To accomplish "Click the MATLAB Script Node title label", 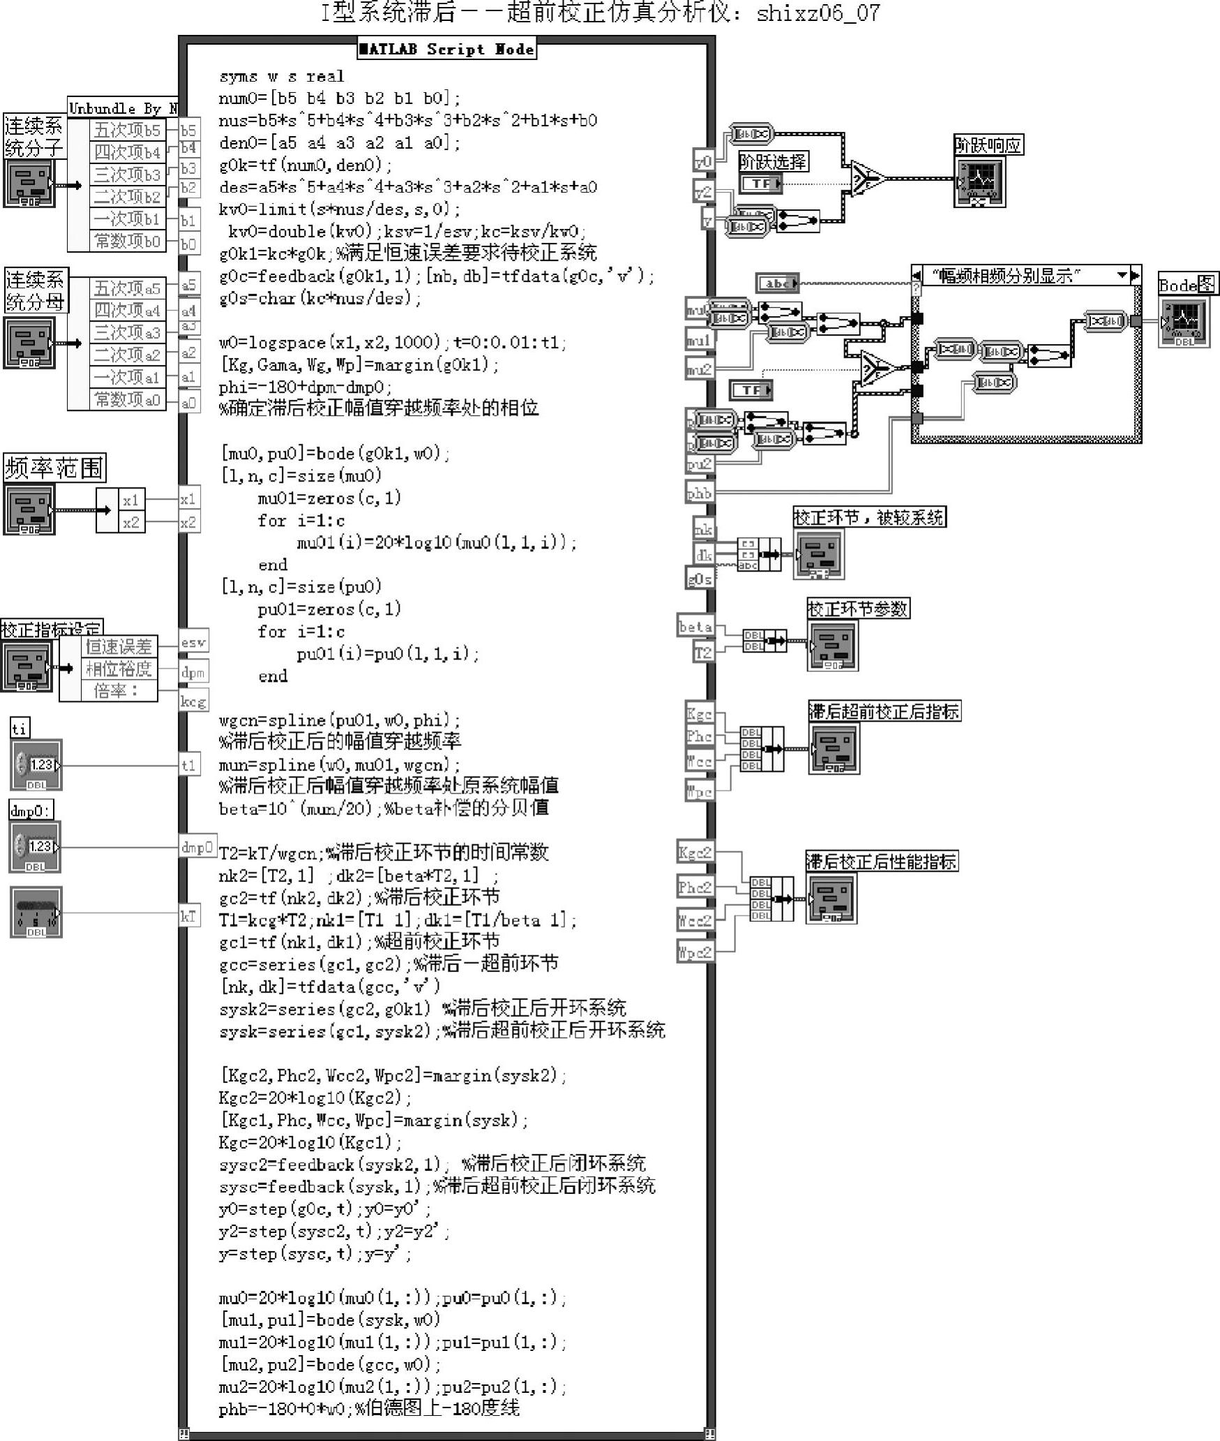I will [x=446, y=49].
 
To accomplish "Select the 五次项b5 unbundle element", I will [x=128, y=130].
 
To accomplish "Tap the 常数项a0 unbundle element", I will [x=128, y=400].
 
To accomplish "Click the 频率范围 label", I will [x=54, y=468].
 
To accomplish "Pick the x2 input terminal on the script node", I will [x=188, y=523].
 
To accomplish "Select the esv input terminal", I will [x=193, y=642].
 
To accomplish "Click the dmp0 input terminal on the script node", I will [x=197, y=848].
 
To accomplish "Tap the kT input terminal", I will [x=188, y=916].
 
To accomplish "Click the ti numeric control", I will [x=36, y=765].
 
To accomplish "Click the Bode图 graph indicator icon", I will [x=1184, y=322].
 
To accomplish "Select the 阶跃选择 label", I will [x=773, y=162].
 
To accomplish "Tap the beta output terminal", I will [x=695, y=627].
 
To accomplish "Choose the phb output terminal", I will [x=700, y=493].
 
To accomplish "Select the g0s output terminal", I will [x=700, y=578].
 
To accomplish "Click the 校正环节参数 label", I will [x=858, y=608].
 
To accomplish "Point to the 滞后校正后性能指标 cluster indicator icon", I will [x=831, y=898].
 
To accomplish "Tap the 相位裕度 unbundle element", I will [x=119, y=669].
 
